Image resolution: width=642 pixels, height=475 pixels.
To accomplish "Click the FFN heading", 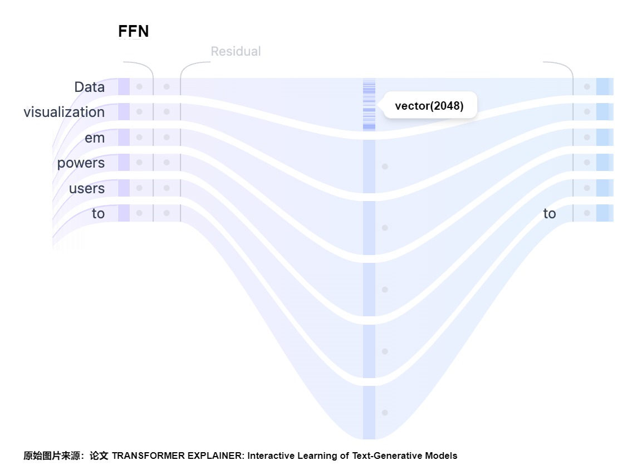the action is click(134, 31).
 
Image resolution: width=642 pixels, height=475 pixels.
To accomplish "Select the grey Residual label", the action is click(236, 51).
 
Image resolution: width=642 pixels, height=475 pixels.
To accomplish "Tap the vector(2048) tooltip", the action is click(429, 106).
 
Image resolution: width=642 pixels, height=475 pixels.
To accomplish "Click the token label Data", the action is click(89, 87).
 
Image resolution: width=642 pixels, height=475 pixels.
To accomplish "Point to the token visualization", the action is click(64, 112).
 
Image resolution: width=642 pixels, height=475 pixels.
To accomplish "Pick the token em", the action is click(95, 138).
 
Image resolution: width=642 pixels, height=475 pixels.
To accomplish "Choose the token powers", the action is click(81, 163).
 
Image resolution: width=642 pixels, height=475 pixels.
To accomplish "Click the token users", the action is click(87, 188).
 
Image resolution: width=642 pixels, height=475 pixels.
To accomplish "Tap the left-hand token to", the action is click(98, 213).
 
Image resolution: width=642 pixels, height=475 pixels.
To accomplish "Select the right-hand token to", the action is click(550, 213).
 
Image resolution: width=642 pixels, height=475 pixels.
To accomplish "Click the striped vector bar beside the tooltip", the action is click(369, 105).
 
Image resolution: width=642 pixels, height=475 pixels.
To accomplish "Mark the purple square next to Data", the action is click(124, 86).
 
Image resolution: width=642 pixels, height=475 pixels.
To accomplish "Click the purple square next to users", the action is click(124, 188).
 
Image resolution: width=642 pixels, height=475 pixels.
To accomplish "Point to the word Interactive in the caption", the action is click(271, 456).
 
